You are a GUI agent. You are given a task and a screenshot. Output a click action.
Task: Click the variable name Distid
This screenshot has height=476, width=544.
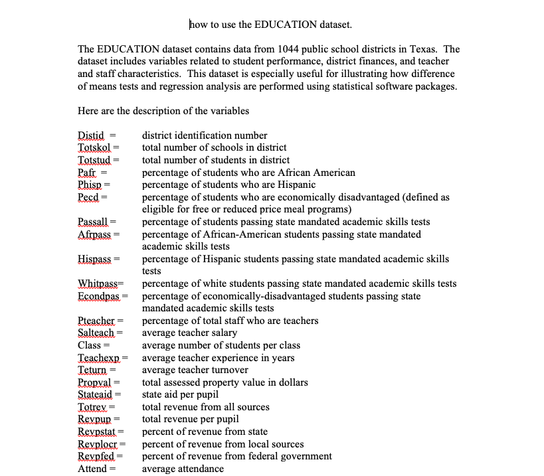tap(92, 135)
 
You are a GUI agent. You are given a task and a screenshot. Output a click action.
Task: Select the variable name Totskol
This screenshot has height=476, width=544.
tap(94, 147)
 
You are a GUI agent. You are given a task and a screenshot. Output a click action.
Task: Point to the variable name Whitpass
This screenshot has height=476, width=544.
tap(98, 283)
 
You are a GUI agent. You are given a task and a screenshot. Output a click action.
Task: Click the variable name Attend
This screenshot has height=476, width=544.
tap(92, 469)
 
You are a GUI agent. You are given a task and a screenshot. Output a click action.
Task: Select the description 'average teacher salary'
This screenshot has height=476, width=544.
tap(189, 333)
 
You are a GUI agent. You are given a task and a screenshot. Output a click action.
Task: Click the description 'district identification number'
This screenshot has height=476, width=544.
tap(205, 135)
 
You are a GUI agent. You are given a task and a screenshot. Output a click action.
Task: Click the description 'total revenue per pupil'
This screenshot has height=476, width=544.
tap(190, 419)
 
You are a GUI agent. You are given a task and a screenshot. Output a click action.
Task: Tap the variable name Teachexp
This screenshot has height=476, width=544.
tap(98, 358)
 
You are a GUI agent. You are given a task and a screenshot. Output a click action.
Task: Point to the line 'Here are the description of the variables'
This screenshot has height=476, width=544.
tap(163, 111)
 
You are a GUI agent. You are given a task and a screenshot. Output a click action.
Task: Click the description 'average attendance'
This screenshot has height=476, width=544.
tap(183, 469)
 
